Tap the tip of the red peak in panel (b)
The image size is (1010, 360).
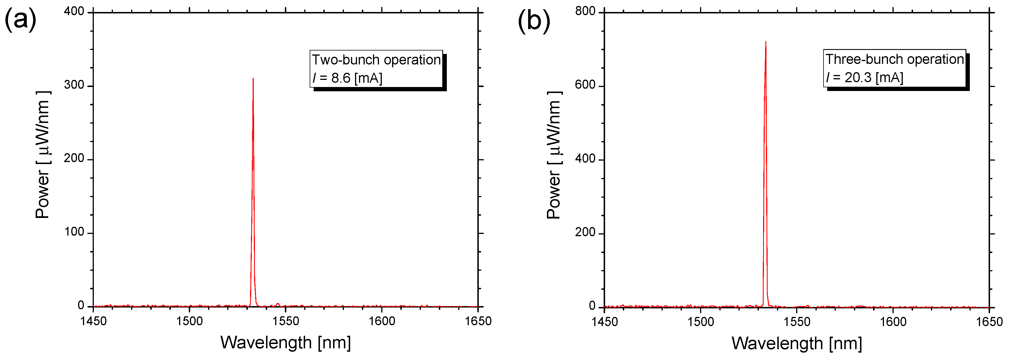[766, 42]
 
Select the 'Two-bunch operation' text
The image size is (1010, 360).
[376, 60]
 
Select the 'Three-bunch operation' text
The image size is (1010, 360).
[894, 59]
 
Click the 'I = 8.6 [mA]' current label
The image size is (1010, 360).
[347, 78]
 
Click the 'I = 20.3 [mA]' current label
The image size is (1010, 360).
[864, 77]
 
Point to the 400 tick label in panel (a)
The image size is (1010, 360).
[74, 11]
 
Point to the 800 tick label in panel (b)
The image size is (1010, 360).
[585, 11]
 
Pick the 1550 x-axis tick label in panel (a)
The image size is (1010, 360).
[285, 321]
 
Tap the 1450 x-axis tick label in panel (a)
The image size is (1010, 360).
[93, 321]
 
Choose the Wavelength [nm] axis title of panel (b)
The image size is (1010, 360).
[797, 343]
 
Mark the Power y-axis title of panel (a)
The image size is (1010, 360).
[42, 155]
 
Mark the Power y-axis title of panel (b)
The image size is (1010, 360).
[554, 155]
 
